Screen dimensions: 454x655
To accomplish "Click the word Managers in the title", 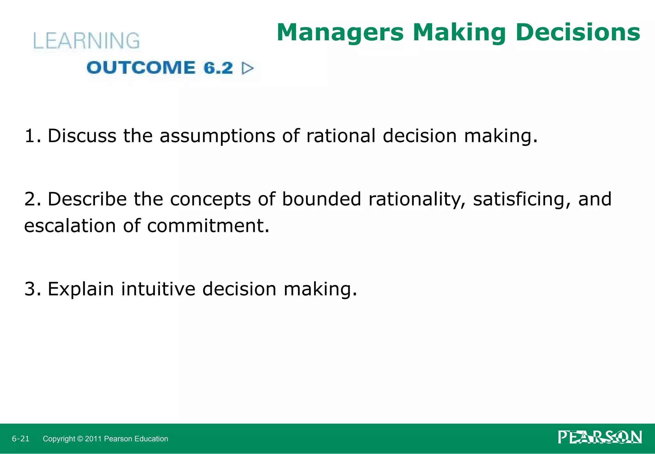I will click(x=340, y=33).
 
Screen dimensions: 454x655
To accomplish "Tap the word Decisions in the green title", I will click(x=578, y=33).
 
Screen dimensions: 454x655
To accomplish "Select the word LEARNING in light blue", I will click(x=86, y=41).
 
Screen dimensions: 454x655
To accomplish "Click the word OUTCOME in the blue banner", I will click(x=141, y=68).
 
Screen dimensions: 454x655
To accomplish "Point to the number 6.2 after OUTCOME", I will click(x=218, y=68).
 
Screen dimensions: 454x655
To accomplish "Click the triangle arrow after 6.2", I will click(x=248, y=68).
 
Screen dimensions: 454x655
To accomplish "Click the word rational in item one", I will click(x=341, y=136).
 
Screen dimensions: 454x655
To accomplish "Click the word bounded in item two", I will click(x=321, y=199).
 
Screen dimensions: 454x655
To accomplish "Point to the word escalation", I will click(x=70, y=226).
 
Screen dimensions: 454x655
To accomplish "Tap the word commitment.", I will click(x=208, y=226).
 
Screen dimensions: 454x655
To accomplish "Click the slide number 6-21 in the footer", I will click(x=20, y=439).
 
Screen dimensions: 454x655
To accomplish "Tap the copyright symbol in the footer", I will click(x=80, y=439).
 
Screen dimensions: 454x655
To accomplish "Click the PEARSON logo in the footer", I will click(x=600, y=438).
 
